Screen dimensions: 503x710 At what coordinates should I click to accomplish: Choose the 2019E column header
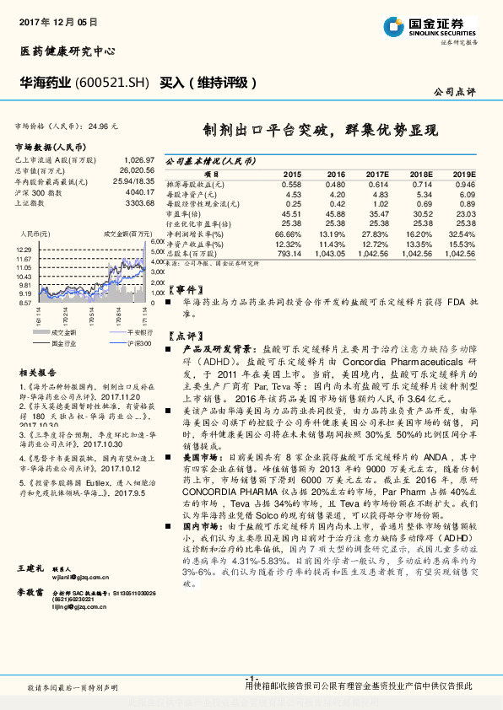point(463,172)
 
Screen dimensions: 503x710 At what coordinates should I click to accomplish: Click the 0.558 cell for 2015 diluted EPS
point(291,183)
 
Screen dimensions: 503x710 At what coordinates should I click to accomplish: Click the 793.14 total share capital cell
point(289,254)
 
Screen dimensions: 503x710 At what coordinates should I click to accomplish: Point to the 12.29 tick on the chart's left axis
point(24,250)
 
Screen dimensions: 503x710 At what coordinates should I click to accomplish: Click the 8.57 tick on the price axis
point(24,302)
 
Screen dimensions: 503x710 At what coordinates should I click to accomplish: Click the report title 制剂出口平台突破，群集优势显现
point(321,131)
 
